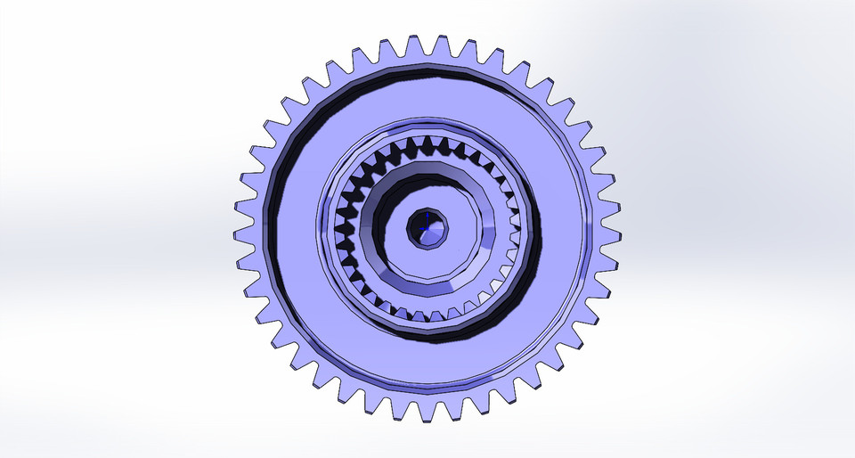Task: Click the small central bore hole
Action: coord(428,231)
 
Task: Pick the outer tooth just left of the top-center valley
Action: coord(413,45)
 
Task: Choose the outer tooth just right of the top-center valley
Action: coord(442,45)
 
